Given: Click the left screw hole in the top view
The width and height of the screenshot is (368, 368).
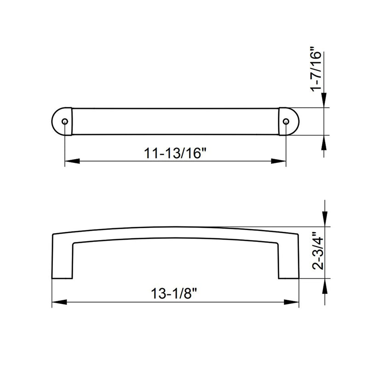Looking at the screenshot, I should (64, 122).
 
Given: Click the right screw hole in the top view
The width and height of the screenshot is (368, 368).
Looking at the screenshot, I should (286, 122).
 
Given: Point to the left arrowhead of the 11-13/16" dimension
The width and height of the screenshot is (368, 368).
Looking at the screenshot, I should (71, 161).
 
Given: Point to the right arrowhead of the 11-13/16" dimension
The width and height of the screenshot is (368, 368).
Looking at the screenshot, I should (279, 161).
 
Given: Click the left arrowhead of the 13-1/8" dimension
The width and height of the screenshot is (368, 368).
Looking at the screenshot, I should (58, 302).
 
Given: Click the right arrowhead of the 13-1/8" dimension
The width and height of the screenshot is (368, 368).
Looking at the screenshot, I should (293, 302).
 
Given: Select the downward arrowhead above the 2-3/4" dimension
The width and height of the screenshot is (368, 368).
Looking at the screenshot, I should (325, 219).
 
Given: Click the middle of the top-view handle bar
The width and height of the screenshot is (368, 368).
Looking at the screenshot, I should (175, 122).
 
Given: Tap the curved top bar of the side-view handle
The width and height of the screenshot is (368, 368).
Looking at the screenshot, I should (175, 232).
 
